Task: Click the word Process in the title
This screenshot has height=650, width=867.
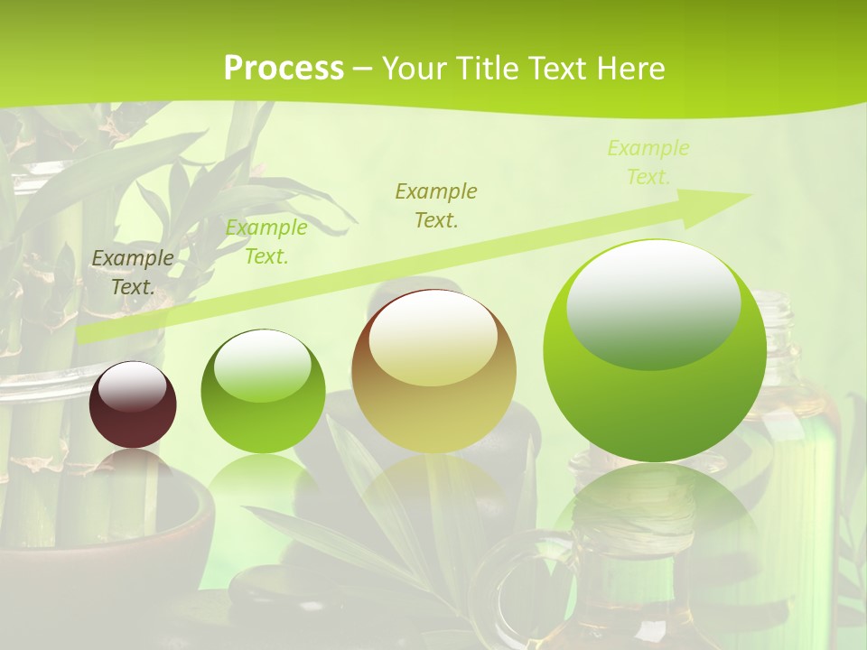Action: (x=284, y=69)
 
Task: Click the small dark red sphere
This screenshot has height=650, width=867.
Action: (x=133, y=405)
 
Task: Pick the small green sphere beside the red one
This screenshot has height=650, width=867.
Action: (x=263, y=392)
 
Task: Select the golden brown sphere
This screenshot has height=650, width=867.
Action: (x=433, y=372)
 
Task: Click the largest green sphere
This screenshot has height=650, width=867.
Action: (x=655, y=352)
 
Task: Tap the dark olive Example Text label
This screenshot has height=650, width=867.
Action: (x=133, y=273)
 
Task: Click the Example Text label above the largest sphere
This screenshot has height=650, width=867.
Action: (x=648, y=162)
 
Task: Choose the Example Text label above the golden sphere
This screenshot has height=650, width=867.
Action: (x=436, y=205)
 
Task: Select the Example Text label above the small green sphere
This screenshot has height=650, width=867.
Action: (x=266, y=242)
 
